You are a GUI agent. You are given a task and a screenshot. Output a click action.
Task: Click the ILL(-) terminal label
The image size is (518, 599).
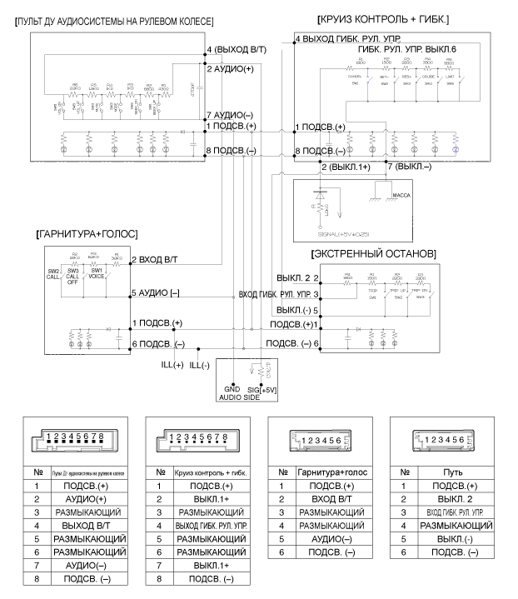click(201, 364)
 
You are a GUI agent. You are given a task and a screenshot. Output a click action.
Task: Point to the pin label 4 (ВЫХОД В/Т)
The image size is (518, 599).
click(239, 51)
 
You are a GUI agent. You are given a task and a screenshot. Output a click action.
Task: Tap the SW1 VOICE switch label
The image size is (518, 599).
click(97, 272)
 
